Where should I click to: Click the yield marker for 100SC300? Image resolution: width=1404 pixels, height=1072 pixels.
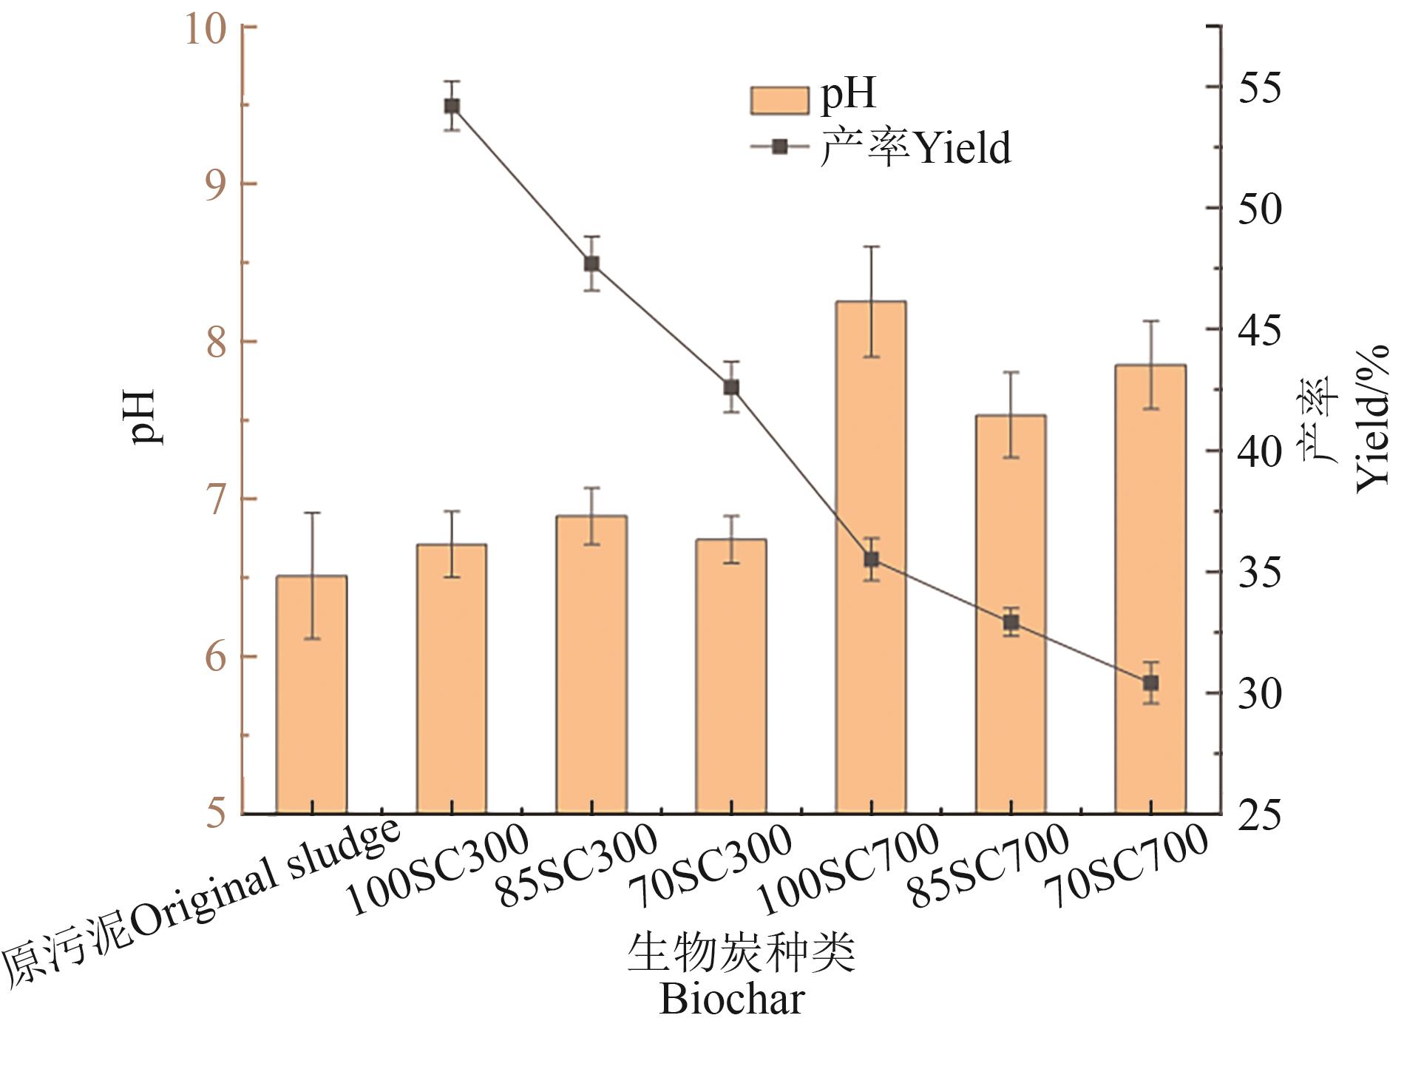(452, 106)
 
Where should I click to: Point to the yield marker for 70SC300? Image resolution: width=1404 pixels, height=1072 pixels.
(731, 388)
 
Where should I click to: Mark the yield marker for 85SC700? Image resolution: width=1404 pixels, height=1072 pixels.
(1011, 623)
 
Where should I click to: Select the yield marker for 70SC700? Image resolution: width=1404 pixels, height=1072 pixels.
(1150, 683)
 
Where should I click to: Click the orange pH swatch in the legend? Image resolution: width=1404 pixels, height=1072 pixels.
(779, 100)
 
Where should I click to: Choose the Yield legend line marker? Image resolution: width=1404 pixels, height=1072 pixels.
(779, 146)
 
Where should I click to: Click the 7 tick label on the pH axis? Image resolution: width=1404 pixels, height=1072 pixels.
(215, 501)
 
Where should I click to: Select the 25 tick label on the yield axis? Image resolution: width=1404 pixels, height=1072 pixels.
(1259, 815)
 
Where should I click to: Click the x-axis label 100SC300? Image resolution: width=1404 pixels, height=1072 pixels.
(438, 869)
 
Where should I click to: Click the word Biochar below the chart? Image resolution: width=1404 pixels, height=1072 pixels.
(731, 1000)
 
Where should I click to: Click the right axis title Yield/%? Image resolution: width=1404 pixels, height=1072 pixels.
(1372, 418)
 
